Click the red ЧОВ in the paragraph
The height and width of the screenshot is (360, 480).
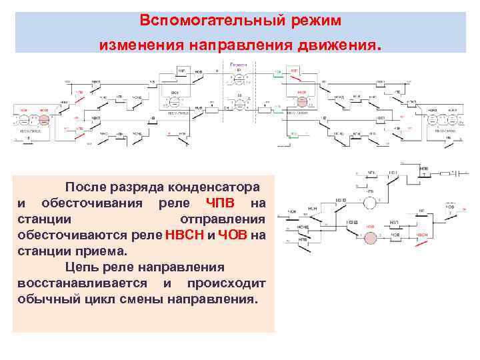[233, 235]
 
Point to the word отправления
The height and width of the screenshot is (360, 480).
[223, 219]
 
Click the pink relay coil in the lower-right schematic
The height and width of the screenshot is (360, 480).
[370, 235]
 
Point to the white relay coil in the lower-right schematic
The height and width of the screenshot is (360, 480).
[370, 201]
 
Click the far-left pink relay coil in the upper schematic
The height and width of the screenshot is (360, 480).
[44, 120]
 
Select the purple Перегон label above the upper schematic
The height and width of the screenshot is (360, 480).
[239, 65]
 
